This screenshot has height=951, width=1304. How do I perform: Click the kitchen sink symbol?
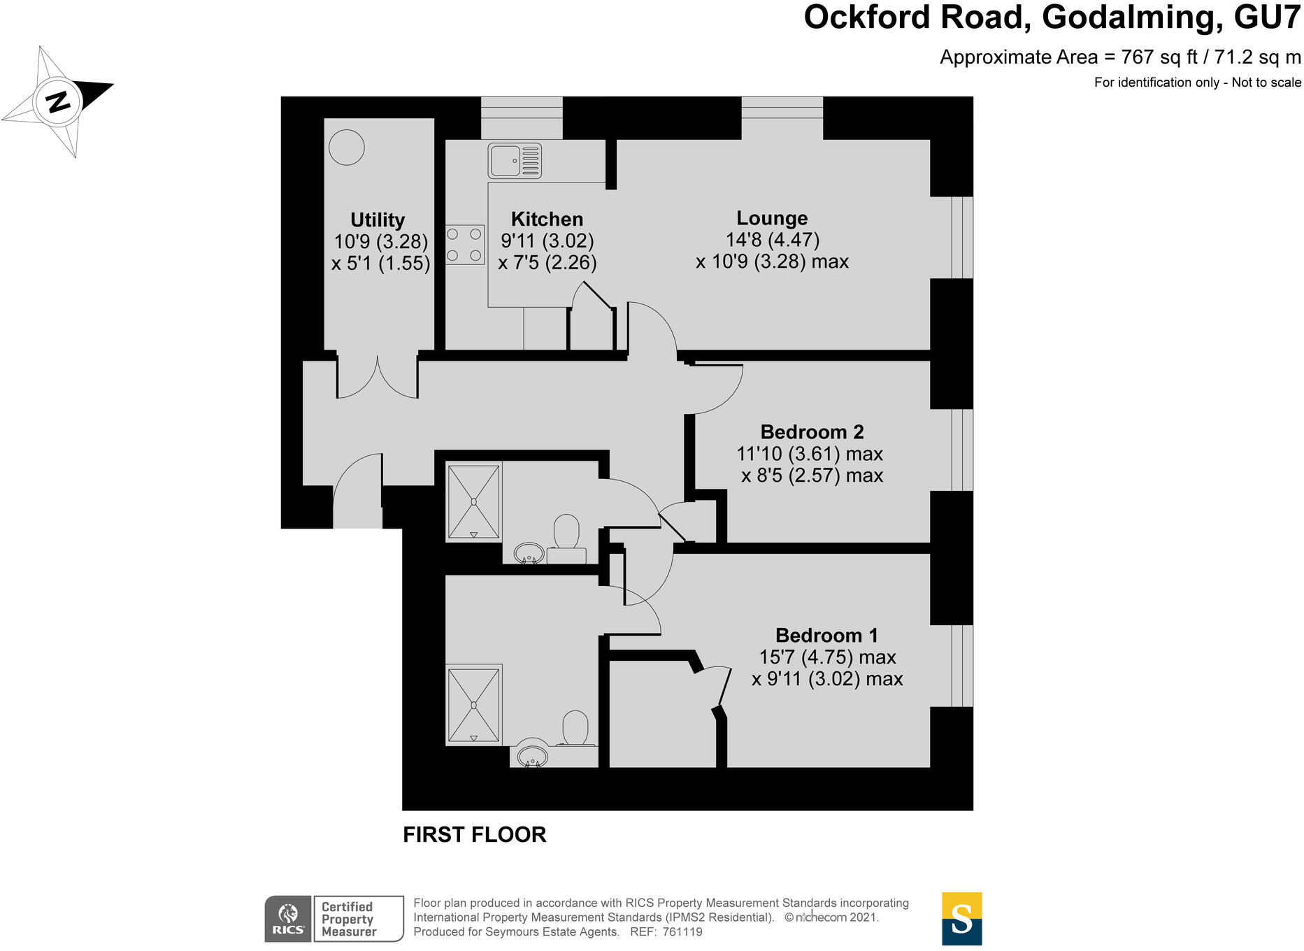coord(515,161)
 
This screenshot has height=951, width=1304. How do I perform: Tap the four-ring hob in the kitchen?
coord(465,244)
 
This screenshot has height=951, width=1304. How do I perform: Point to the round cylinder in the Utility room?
coord(347,148)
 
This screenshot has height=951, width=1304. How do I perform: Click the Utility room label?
coord(378,220)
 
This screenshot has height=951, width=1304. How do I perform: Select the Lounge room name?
coord(772,218)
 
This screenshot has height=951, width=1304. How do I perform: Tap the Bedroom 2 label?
coord(812,431)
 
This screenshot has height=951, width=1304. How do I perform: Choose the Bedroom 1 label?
coord(826,635)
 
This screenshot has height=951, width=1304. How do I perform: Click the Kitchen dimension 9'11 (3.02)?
coord(547,241)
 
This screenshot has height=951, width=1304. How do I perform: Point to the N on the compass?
coord(58,101)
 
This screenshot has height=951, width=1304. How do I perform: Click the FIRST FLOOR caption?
coord(474,834)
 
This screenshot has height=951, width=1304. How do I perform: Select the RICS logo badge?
coord(288,919)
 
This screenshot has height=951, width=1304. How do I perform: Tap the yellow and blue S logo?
coord(961,919)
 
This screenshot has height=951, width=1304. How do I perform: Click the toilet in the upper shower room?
coord(566,533)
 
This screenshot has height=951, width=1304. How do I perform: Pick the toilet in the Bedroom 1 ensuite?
coord(575,728)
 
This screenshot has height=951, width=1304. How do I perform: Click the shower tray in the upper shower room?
coord(474,501)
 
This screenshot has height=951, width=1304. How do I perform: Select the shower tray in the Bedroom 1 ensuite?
coord(474,705)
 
